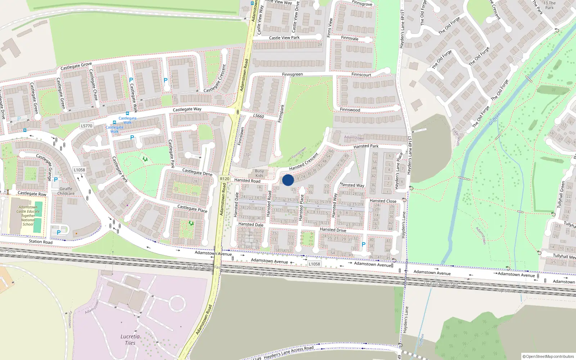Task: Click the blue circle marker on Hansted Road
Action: (288, 180)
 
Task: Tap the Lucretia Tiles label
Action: (130, 340)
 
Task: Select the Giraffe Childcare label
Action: (66, 191)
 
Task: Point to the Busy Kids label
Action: (259, 173)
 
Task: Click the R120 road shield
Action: (225, 179)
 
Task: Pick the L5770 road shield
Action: (86, 126)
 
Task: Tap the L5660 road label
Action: (258, 116)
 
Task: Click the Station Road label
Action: (41, 242)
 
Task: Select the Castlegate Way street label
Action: (187, 109)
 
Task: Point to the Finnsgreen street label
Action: (292, 75)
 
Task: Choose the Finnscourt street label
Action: (361, 75)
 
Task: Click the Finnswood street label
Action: (350, 110)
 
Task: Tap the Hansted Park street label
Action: (366, 146)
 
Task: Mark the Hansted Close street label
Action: (383, 201)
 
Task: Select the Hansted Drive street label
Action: (333, 230)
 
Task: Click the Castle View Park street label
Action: (284, 38)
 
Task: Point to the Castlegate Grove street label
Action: (76, 66)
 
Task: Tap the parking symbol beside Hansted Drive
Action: (363, 245)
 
